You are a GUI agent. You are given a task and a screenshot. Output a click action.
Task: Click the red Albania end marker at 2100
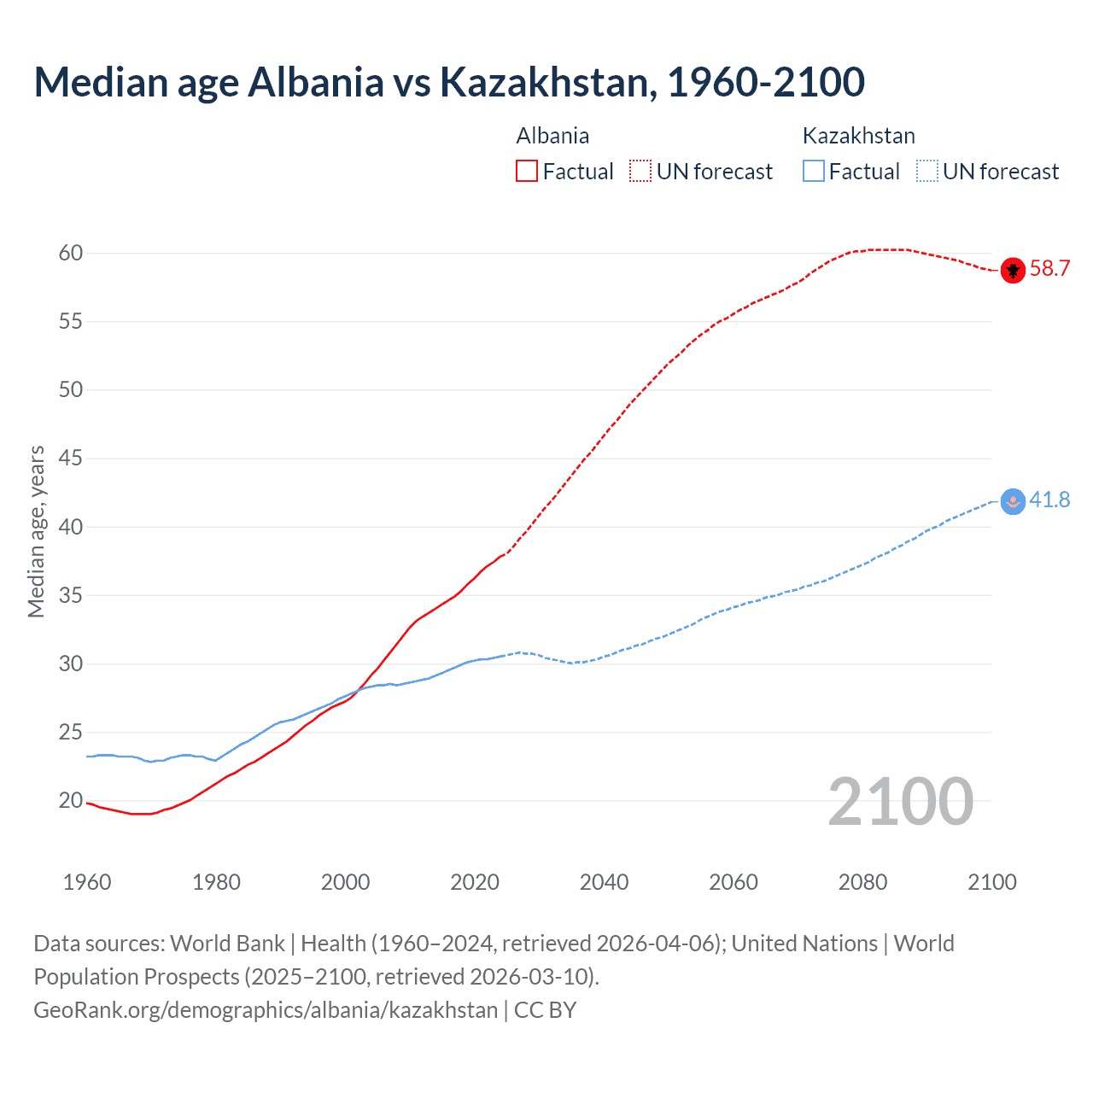coord(1012,270)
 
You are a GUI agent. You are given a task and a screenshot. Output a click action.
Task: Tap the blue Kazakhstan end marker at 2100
coord(1012,501)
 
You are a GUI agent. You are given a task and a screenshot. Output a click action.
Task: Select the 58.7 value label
coord(1049,269)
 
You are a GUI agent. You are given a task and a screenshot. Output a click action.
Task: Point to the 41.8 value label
coord(1049,500)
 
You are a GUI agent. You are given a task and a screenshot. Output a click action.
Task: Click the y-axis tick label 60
coord(71,253)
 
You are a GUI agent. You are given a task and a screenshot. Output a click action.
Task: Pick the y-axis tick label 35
coord(71,595)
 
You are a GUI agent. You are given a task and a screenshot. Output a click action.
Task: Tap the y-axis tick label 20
coord(71,801)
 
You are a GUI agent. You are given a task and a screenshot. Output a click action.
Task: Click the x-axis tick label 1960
coord(87,882)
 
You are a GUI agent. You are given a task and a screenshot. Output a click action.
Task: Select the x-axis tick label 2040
coord(604,882)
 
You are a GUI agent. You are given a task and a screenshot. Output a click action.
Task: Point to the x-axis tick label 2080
coord(862,882)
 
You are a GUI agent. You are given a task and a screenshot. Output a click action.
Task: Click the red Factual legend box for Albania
coord(527,172)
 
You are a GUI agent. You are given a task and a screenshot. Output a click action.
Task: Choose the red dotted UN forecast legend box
coord(640,172)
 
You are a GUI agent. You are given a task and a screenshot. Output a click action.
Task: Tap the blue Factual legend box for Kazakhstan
coord(813,172)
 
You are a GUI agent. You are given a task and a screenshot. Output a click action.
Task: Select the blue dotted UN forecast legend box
coord(926,172)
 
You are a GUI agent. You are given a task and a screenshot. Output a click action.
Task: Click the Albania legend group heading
coord(552,136)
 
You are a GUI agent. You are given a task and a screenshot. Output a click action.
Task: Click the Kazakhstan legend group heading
coord(858,136)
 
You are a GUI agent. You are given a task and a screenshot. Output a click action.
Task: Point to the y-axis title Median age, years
coord(36,531)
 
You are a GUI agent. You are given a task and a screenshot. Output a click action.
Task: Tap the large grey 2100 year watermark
coord(900,802)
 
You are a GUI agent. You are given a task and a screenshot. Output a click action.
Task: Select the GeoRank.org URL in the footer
coord(266,1010)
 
